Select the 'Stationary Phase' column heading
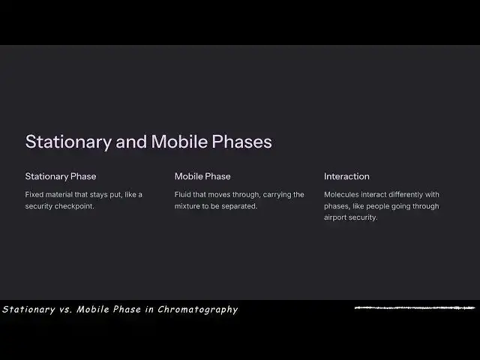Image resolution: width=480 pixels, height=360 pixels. point(61,176)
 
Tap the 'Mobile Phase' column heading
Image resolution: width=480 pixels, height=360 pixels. point(202,176)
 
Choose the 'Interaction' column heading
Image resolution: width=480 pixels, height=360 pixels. point(346,176)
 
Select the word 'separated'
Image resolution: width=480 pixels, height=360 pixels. point(238,206)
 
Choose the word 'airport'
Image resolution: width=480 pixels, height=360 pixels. point(337,217)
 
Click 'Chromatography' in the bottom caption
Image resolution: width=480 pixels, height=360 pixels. point(197,309)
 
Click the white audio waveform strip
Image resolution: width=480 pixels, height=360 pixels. point(415,307)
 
